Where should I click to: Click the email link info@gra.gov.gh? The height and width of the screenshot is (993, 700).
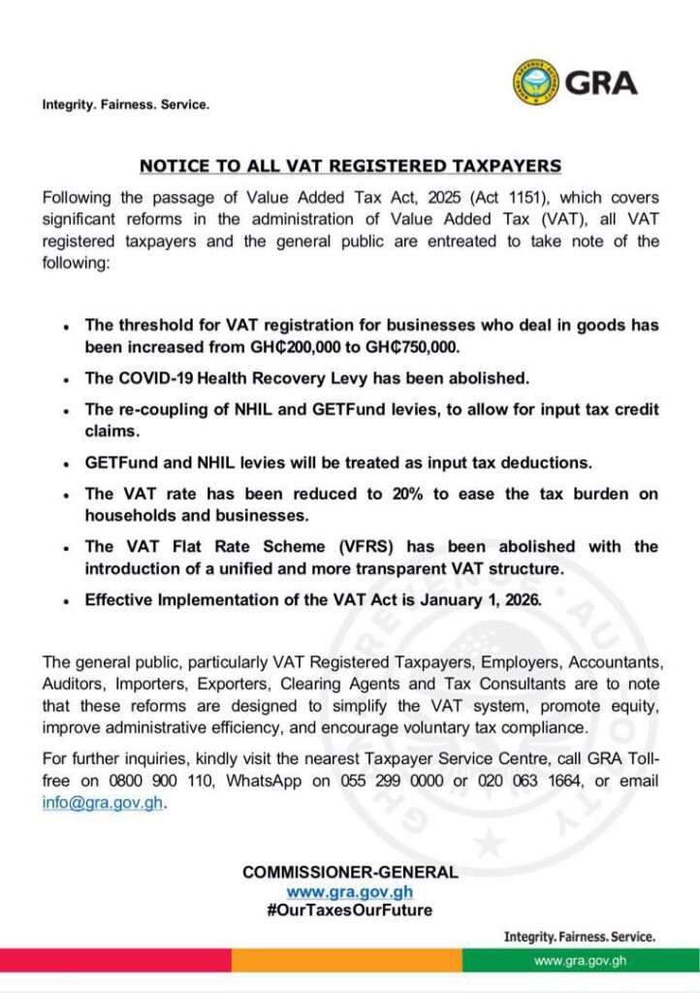pyautogui.click(x=103, y=803)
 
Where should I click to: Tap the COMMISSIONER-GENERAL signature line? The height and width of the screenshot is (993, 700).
pyautogui.click(x=350, y=873)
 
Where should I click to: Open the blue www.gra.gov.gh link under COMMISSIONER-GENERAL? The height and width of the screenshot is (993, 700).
pyautogui.click(x=350, y=891)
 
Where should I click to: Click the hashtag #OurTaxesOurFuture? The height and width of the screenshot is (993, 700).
pyautogui.click(x=350, y=911)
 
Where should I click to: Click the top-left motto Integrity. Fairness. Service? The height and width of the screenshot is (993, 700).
pyautogui.click(x=125, y=104)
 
